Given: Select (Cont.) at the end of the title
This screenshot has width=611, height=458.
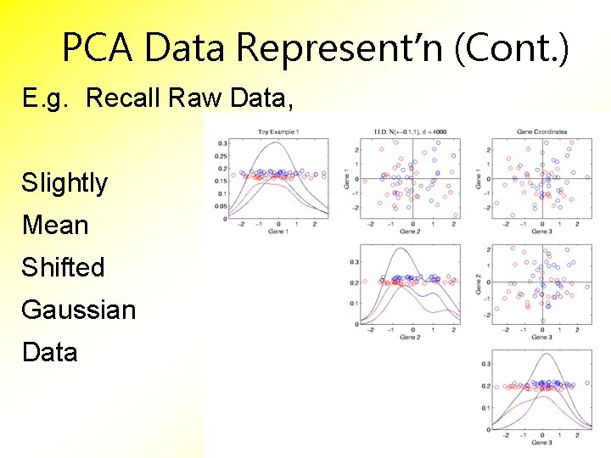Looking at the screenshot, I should click(512, 48).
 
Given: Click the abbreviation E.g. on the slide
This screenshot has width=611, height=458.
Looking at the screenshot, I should click(48, 98).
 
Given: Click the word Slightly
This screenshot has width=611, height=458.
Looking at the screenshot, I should click(64, 182).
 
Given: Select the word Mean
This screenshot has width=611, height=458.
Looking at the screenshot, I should click(55, 225).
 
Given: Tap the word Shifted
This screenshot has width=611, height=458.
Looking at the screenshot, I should click(63, 267).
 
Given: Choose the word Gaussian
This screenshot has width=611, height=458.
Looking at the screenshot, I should click(78, 310).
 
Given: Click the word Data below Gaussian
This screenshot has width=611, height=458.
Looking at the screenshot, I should click(49, 352).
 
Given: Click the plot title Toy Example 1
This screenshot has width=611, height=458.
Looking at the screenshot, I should click(278, 131).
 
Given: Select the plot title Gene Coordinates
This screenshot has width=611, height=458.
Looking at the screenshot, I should click(541, 131).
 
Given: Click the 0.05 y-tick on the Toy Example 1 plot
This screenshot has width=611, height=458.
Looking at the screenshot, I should click(221, 205).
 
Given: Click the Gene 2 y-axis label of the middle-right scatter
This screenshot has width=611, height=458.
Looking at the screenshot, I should click(479, 285).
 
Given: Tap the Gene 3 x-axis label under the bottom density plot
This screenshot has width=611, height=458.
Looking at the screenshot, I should click(541, 443).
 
